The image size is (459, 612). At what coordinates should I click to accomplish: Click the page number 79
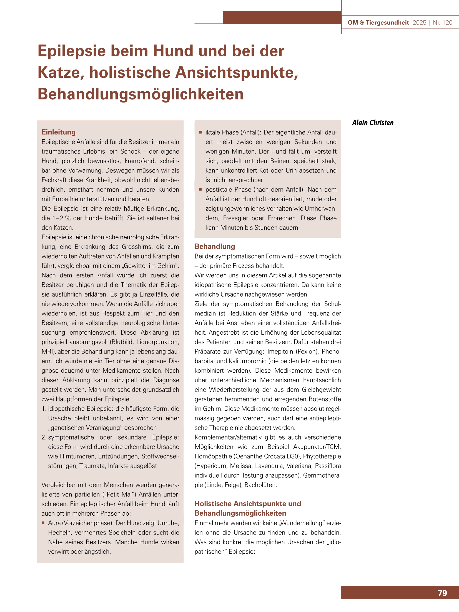442,593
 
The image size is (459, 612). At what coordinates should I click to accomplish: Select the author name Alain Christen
373,122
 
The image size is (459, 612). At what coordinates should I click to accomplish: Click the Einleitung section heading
59,132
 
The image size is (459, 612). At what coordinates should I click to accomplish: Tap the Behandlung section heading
215,246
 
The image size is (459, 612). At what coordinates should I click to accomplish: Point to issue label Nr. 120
443,22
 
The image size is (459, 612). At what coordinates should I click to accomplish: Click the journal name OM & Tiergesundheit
378,22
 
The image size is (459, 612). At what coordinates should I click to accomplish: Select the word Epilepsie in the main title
72,51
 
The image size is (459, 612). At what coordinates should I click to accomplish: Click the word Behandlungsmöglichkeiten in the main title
141,94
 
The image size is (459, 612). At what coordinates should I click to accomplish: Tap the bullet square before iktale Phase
200,132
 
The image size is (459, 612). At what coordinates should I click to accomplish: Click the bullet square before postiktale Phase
200,189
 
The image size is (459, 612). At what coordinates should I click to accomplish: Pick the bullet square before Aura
43,523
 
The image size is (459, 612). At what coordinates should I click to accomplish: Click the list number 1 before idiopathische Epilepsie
44,408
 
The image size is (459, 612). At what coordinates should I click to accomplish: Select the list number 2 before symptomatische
44,437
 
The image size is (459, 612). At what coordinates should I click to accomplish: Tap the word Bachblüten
260,485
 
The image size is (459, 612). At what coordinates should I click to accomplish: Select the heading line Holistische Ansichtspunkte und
248,503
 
